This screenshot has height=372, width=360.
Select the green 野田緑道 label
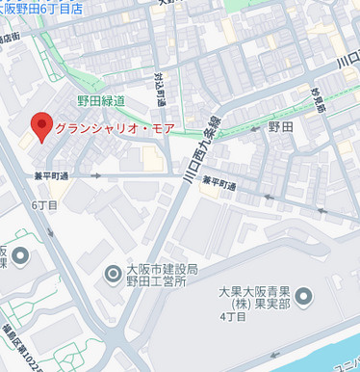click(x=101, y=100)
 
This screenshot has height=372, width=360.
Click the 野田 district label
click(x=280, y=127)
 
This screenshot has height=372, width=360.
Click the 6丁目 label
click(x=45, y=205)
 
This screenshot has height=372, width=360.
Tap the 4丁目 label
click(x=233, y=315)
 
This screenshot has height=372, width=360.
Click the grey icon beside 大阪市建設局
click(x=113, y=277)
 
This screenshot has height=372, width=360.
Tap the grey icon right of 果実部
click(x=304, y=296)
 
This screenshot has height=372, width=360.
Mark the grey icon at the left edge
click(x=18, y=255)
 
